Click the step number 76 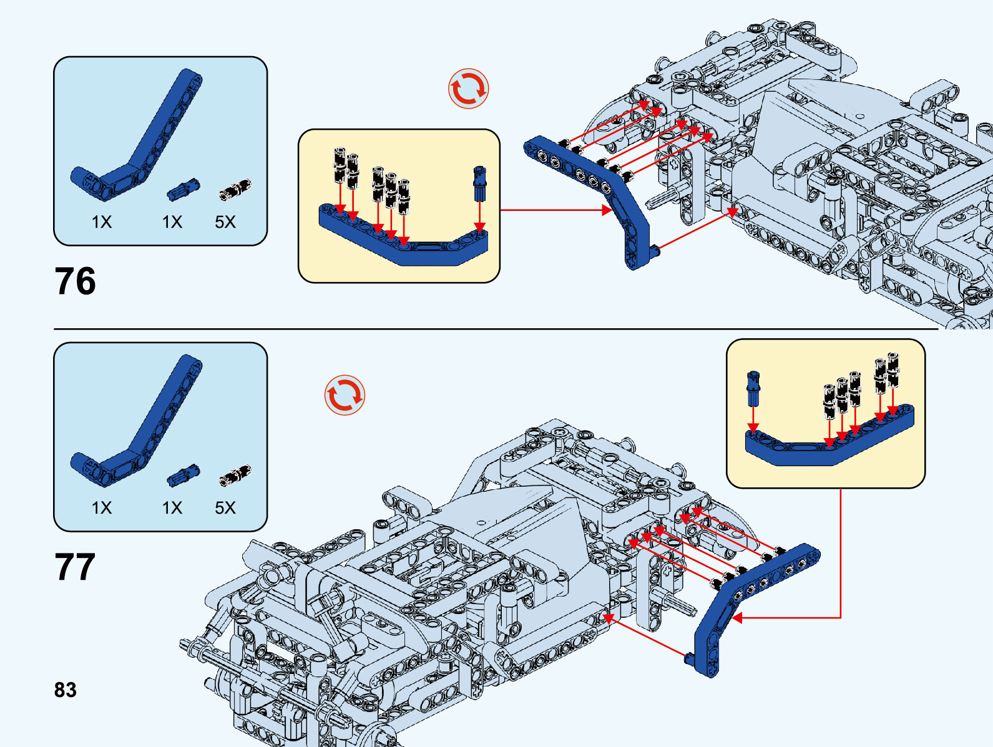75,281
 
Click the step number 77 75,567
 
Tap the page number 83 66,690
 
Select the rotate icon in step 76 468,89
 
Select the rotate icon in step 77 345,395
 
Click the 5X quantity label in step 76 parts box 225,222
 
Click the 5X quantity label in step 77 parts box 225,507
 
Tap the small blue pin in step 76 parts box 183,189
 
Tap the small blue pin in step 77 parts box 183,476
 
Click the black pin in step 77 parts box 235,476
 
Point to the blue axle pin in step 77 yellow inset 753,388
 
